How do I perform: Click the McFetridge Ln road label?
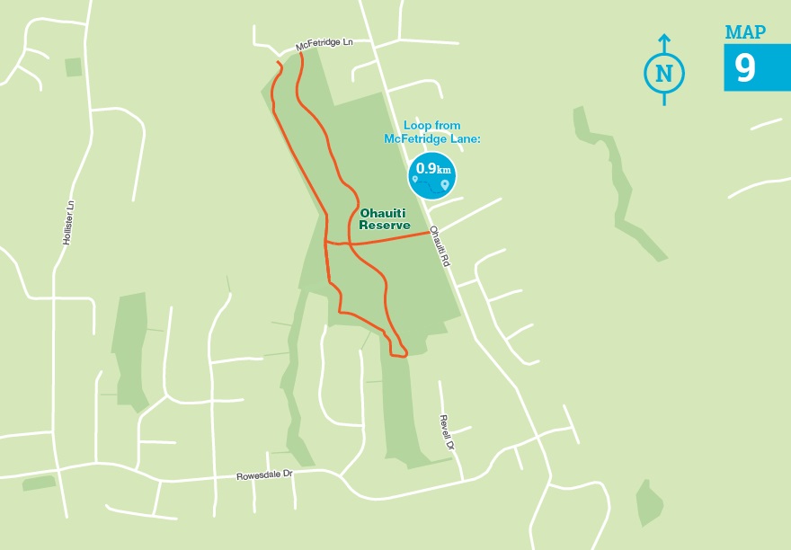click(x=324, y=44)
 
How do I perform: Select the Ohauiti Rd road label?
click(x=438, y=244)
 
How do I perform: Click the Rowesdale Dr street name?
click(x=264, y=475)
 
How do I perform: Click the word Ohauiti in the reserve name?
click(x=384, y=213)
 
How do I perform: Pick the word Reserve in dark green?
click(x=384, y=226)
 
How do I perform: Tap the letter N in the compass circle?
click(x=664, y=74)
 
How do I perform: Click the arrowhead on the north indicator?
click(x=664, y=39)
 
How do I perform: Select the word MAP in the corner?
click(x=745, y=33)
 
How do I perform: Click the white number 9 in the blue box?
click(x=745, y=67)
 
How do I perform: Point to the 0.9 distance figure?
click(x=425, y=168)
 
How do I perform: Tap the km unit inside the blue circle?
click(x=444, y=170)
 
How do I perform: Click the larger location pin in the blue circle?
click(x=444, y=184)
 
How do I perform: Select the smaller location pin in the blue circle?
click(x=415, y=181)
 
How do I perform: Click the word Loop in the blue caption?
click(x=419, y=126)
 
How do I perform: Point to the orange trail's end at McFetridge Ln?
click(x=300, y=55)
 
